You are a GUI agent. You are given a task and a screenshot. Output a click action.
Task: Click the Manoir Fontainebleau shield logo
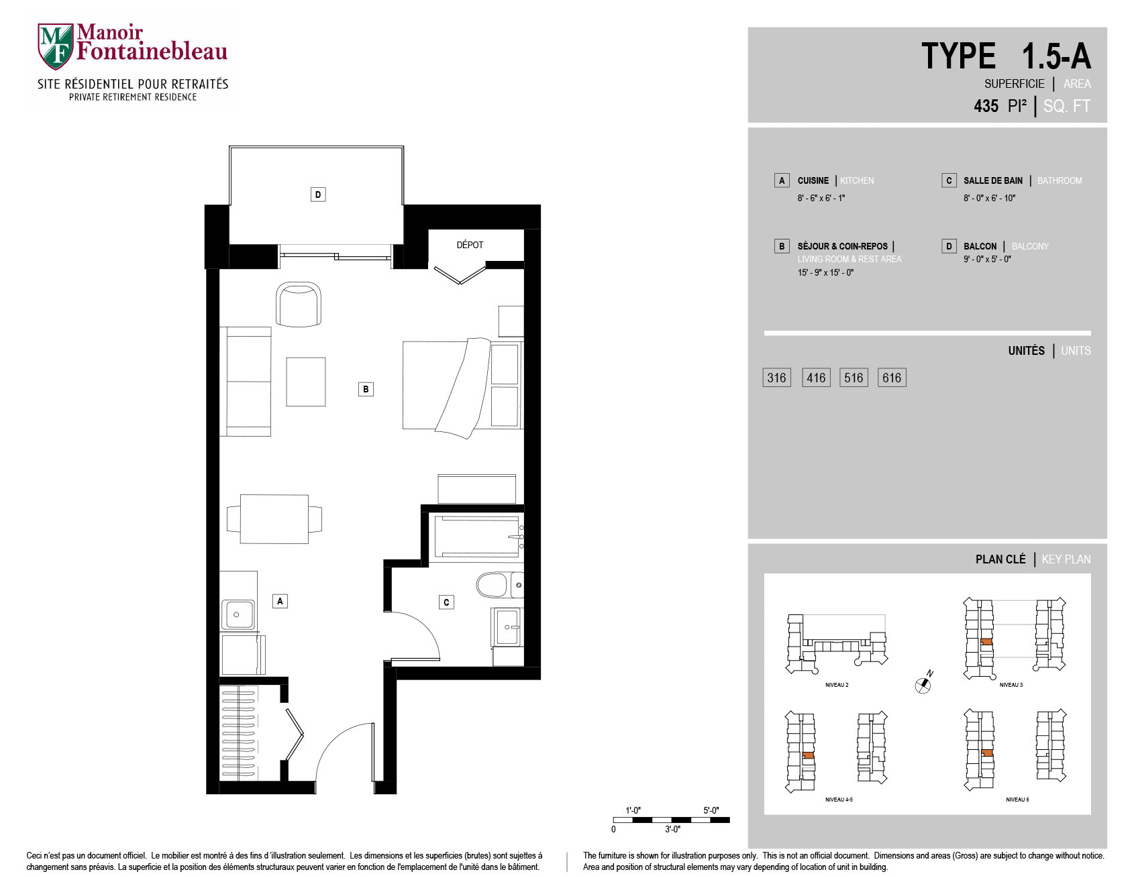coord(55,46)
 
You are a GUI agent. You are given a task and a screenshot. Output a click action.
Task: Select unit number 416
coord(816,378)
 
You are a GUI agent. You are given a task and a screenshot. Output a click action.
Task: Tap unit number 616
coord(892,378)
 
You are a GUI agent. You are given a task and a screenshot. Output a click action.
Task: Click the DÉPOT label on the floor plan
coord(470,245)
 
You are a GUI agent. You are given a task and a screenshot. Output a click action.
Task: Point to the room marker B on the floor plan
coord(366,389)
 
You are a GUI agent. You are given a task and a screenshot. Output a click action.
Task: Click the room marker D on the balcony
coord(318,195)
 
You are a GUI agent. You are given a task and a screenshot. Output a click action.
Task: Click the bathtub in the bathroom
coord(477,536)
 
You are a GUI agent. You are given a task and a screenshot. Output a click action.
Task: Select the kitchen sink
coord(238,614)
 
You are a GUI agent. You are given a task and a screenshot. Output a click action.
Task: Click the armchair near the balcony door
coord(299,305)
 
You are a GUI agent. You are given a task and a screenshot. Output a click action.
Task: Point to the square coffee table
coord(306,382)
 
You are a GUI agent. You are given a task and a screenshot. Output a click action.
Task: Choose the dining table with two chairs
coord(274,519)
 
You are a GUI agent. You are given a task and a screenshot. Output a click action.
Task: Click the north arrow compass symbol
coord(924,683)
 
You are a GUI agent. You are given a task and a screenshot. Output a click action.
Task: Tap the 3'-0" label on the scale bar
coord(672,830)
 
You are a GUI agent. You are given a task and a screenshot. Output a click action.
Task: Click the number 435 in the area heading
coord(986,106)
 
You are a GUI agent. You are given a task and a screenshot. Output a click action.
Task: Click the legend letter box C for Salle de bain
coord(949,180)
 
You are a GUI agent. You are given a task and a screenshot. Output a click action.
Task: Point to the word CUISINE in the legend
coord(813,180)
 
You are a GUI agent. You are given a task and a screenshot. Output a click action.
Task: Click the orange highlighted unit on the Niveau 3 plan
coord(986,642)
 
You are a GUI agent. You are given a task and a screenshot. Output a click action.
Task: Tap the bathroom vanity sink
coord(508,627)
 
